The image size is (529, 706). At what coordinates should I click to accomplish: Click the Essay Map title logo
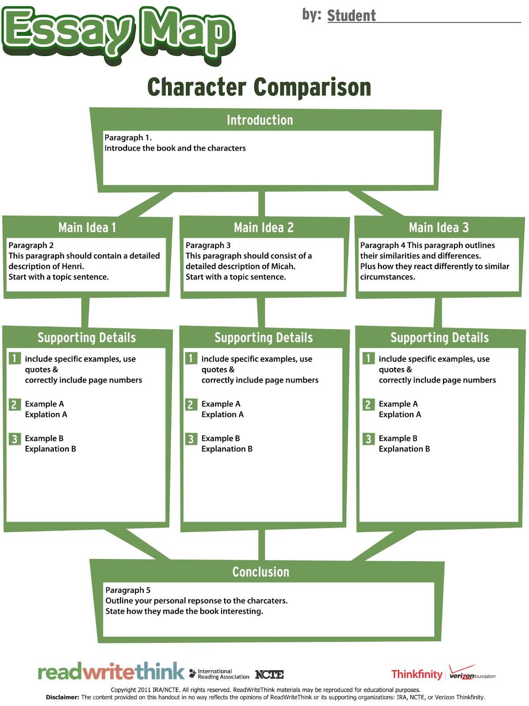[x=118, y=34]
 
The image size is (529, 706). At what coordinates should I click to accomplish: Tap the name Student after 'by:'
[x=351, y=15]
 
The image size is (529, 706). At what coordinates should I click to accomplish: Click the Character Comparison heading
[x=259, y=87]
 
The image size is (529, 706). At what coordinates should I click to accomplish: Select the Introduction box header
[x=260, y=120]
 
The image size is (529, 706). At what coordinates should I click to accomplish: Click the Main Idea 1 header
[x=87, y=227]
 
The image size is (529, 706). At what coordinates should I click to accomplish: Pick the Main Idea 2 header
[x=264, y=227]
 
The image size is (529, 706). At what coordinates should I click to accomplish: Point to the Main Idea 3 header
[x=439, y=227]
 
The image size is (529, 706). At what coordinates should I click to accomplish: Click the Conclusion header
[x=261, y=572]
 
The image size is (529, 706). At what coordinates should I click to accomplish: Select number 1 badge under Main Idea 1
[x=15, y=358]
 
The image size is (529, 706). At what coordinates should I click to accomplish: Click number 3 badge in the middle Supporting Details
[x=191, y=439]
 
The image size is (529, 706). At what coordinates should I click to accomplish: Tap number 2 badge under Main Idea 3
[x=368, y=404]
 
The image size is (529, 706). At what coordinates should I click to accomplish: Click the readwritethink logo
[x=111, y=671]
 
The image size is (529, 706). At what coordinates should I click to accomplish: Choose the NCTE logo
[x=270, y=675]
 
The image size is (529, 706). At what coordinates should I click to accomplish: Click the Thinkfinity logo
[x=417, y=674]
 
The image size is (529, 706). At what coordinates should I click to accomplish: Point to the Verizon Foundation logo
[x=472, y=672]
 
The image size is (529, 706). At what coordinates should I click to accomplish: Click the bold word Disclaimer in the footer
[x=62, y=697]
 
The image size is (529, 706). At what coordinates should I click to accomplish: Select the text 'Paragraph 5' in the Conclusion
[x=128, y=590]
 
